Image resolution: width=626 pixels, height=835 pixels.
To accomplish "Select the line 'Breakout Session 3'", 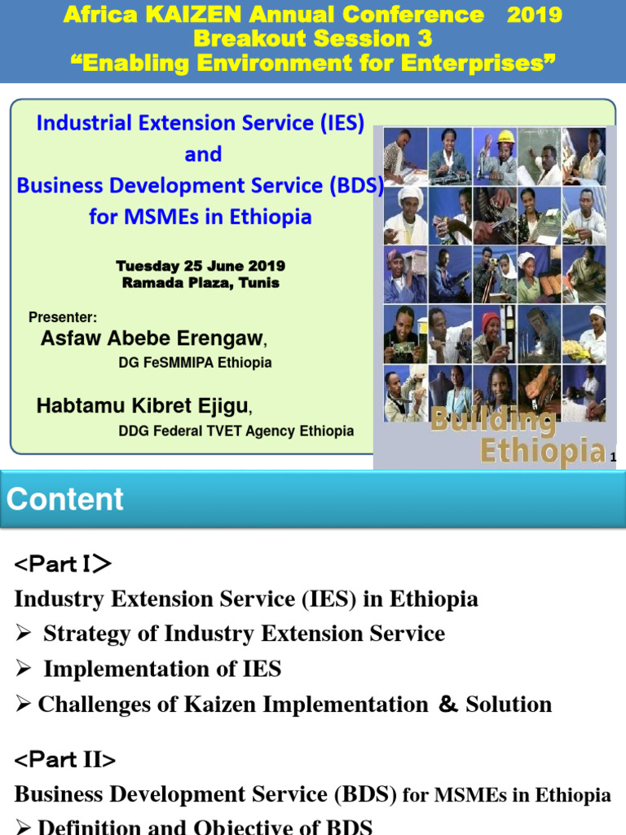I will (x=313, y=38).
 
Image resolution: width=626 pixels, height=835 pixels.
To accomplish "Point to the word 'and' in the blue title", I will (x=203, y=154).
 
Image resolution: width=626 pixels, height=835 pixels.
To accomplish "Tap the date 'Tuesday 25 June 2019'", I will (x=201, y=267).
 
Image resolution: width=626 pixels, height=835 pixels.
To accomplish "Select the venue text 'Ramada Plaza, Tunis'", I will (x=201, y=283).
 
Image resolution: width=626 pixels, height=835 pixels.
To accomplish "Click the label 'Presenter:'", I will (x=63, y=317).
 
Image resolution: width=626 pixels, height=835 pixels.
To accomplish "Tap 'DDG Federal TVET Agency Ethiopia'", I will (x=236, y=431).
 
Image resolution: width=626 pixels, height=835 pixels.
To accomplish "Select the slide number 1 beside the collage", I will (x=613, y=458).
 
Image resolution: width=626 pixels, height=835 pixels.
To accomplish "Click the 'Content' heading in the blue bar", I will (x=65, y=499).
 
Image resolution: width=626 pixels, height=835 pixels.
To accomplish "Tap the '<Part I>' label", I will (x=63, y=564).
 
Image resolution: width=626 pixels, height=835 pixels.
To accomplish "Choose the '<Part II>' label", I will (x=65, y=760).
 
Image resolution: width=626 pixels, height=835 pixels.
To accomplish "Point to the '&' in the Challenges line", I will (x=447, y=705).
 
